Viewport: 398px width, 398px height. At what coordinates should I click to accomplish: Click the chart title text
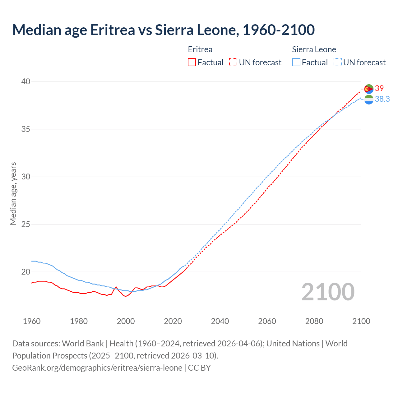click(163, 30)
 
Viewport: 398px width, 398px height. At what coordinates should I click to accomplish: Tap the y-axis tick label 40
click(26, 81)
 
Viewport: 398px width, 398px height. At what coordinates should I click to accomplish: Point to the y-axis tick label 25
click(26, 224)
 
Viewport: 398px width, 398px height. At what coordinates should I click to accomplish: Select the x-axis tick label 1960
click(32, 321)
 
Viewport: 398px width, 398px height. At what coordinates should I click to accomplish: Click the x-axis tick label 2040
click(220, 321)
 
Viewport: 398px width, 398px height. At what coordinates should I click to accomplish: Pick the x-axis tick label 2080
click(314, 321)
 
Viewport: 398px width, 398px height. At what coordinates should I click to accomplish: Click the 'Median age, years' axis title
click(13, 193)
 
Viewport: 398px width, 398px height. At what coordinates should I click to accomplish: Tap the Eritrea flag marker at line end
click(369, 89)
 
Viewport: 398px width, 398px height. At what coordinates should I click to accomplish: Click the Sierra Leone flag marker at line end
click(369, 100)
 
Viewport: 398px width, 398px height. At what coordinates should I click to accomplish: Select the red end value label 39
click(379, 89)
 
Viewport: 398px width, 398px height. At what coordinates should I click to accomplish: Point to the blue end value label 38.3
click(382, 99)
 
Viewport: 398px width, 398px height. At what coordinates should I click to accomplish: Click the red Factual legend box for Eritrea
click(192, 62)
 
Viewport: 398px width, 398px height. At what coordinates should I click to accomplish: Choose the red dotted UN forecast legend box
click(233, 62)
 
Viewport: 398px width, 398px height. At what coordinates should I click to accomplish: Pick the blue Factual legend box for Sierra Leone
click(296, 62)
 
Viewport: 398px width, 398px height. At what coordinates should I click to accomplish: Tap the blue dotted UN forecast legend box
click(337, 62)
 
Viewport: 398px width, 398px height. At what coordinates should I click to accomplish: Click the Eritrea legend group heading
click(200, 49)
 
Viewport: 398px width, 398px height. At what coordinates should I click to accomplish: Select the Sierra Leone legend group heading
click(314, 49)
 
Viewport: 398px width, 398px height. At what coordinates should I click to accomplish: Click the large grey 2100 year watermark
click(328, 292)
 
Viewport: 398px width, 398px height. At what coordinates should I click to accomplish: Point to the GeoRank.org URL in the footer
click(97, 368)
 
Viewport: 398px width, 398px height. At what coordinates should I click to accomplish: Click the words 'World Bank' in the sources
click(83, 344)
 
